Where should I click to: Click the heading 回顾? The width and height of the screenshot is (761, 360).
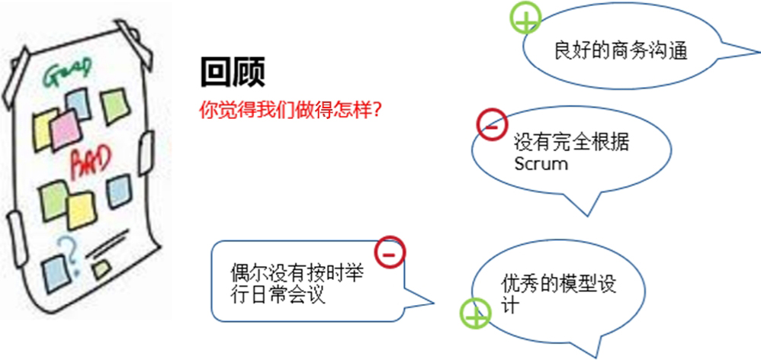coord(233,73)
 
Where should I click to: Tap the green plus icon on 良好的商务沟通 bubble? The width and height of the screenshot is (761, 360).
coord(525,18)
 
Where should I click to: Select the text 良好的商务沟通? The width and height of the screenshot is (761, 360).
coord(621,52)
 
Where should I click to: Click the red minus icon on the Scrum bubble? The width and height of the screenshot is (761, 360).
coord(491,124)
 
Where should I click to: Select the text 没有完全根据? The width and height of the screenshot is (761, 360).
coord(571,143)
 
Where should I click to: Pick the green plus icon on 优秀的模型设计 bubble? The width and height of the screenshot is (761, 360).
coord(474,313)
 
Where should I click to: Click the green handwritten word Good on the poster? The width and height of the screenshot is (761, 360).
coord(69,75)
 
